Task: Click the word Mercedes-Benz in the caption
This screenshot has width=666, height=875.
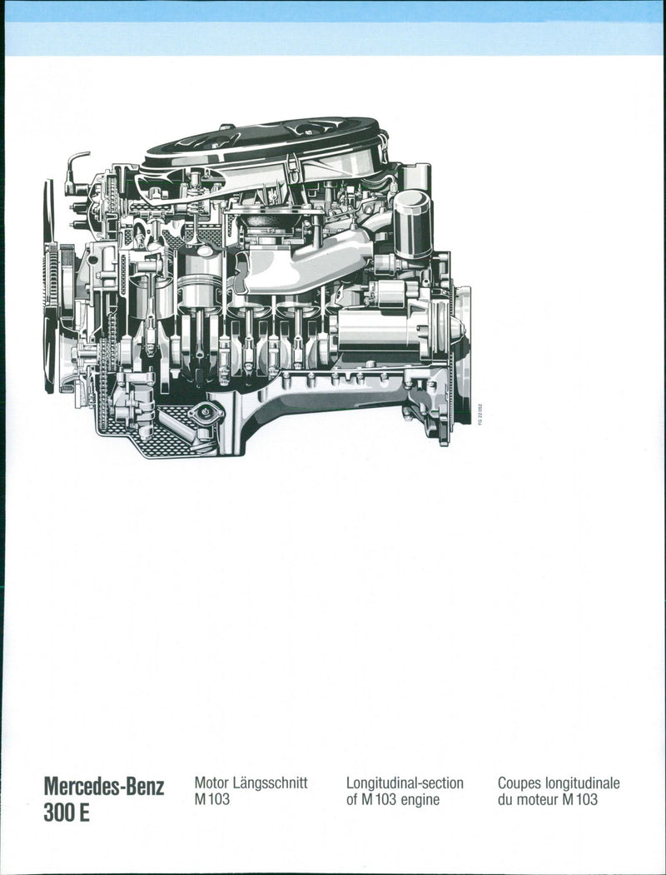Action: (104, 787)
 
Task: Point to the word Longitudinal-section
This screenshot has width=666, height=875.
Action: (405, 783)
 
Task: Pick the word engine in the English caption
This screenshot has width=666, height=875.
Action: (420, 801)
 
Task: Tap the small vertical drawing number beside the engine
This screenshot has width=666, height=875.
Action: (480, 415)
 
